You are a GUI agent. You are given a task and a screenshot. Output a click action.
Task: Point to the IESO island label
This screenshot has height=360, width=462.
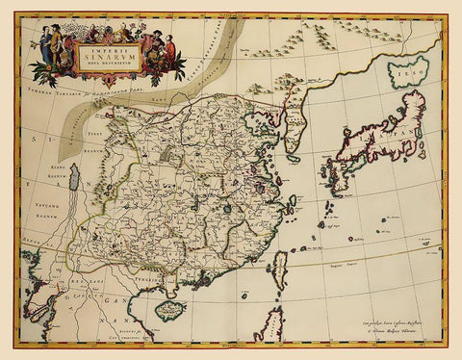point(407,71)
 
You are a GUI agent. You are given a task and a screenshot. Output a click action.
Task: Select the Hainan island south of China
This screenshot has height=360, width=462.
point(169,311)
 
